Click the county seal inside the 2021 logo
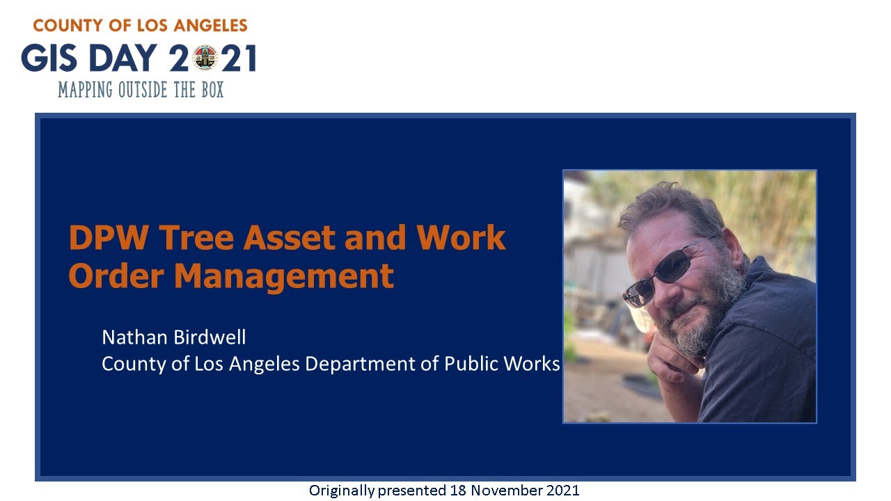(205, 58)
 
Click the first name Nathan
(134, 337)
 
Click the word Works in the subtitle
(535, 363)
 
